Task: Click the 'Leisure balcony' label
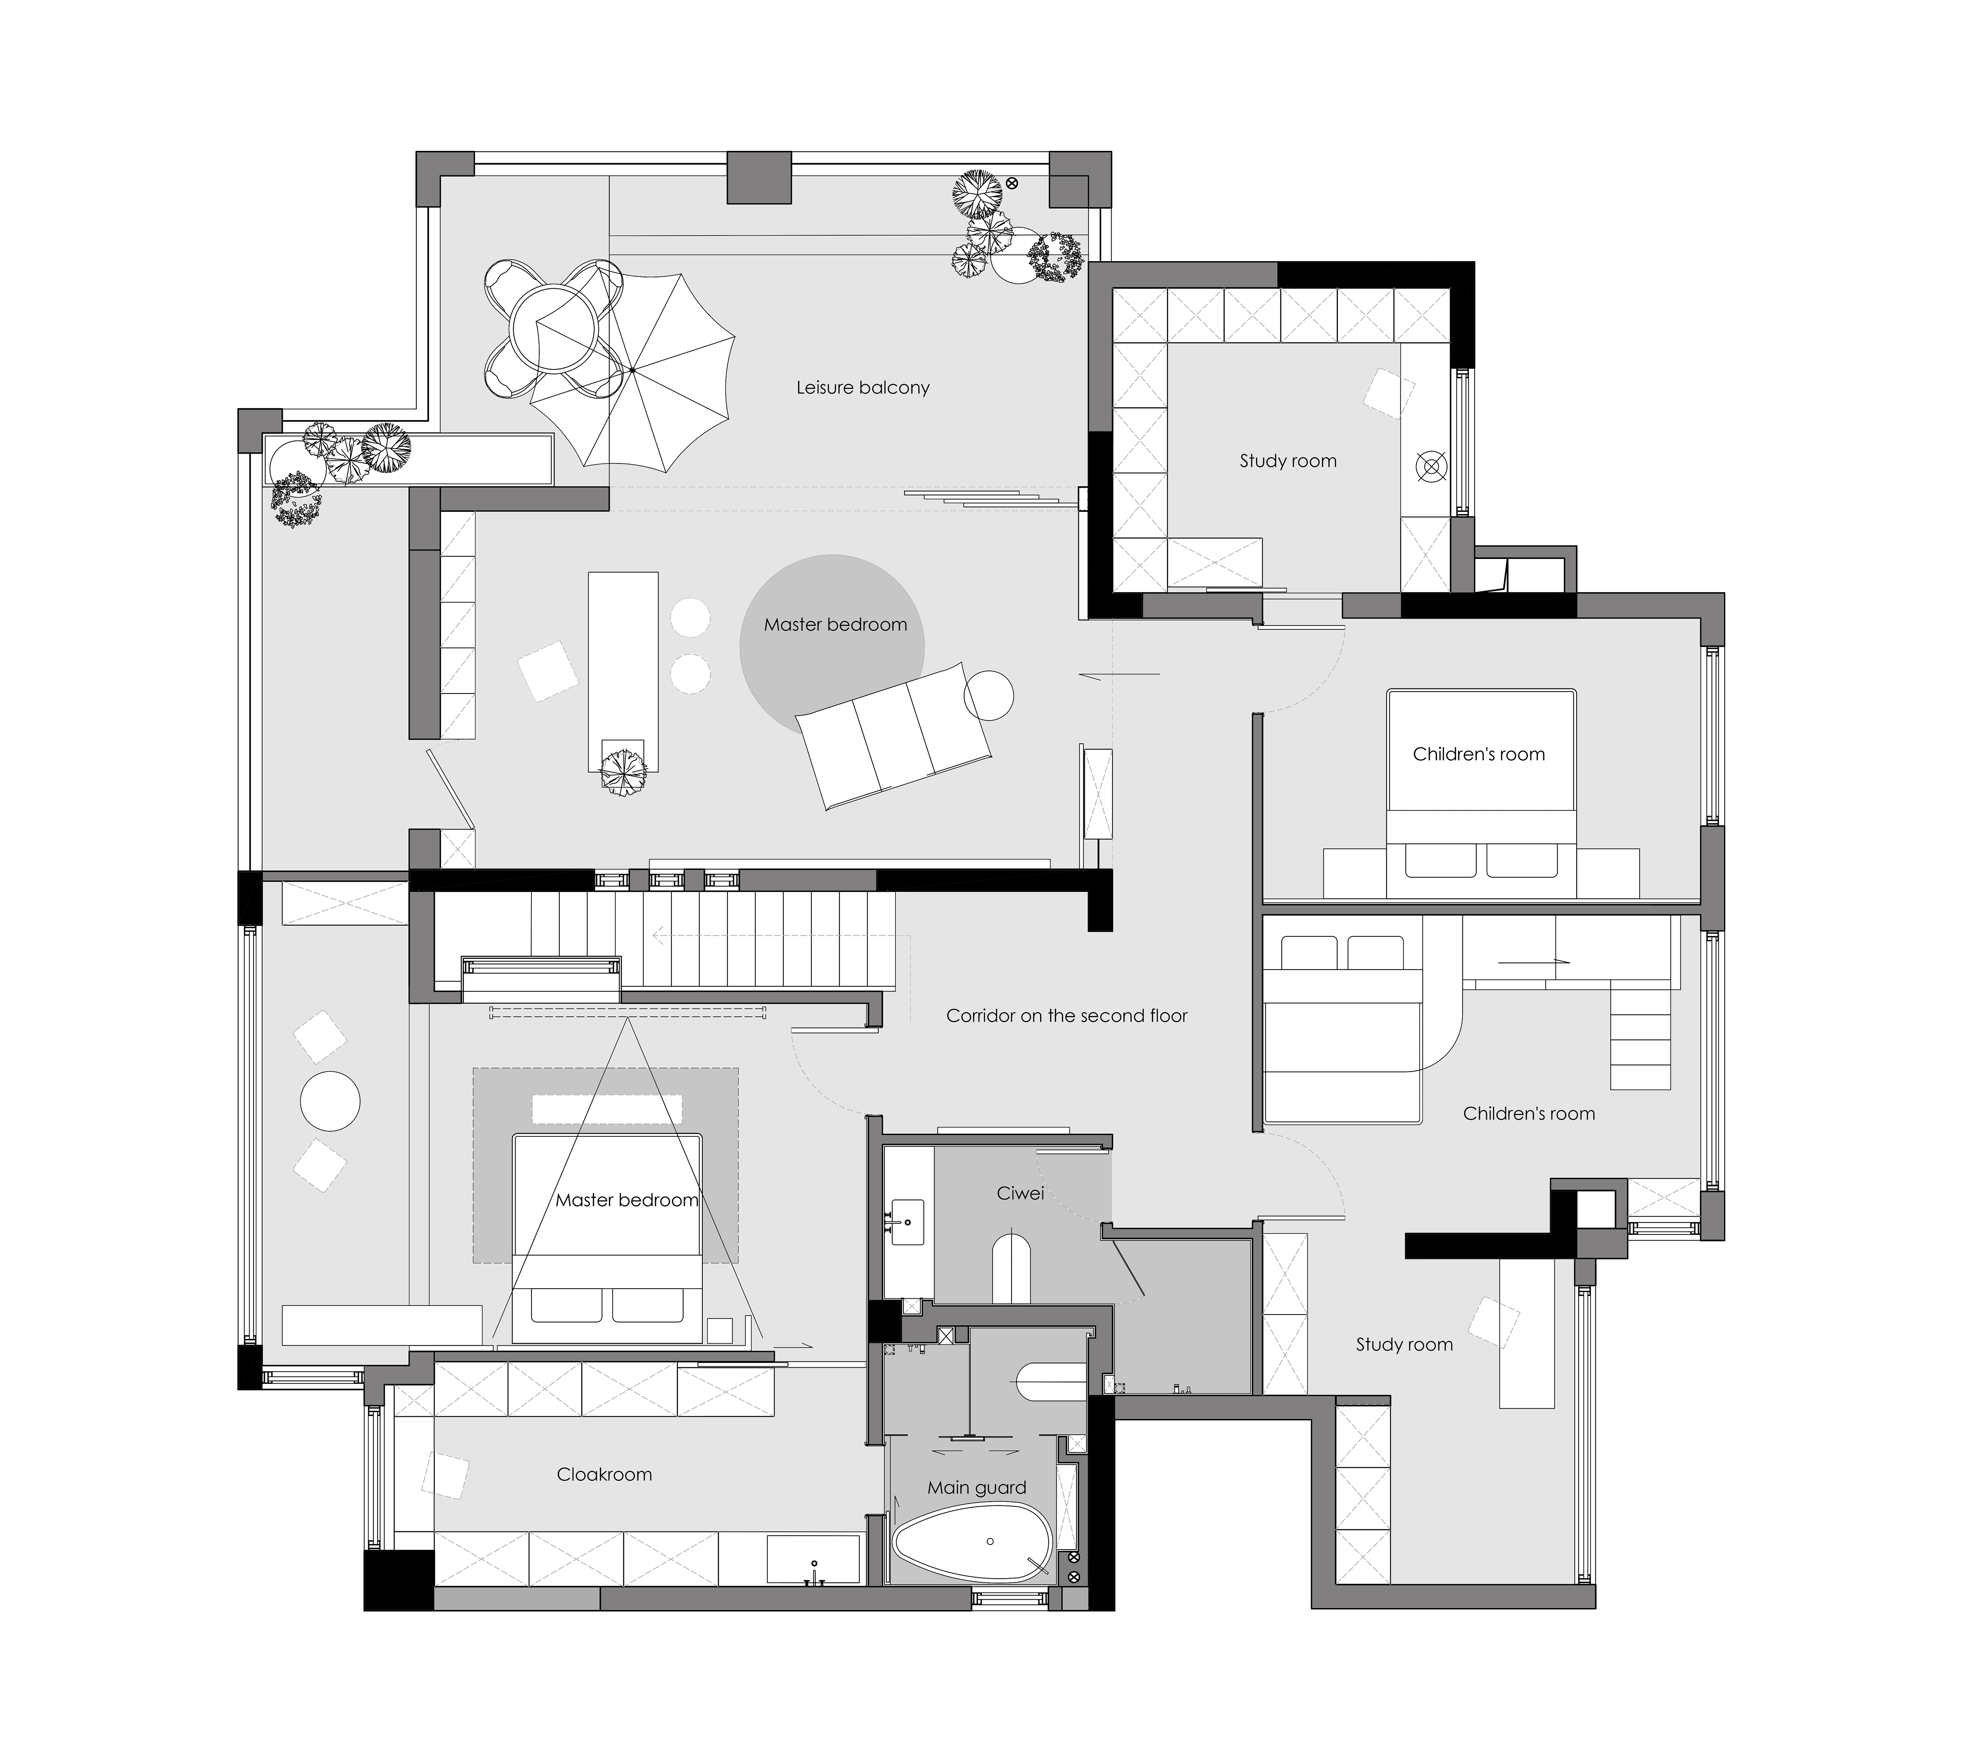(x=862, y=387)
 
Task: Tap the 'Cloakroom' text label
(x=604, y=1474)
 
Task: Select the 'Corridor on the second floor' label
(x=1067, y=1016)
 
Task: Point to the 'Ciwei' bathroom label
(x=1020, y=1193)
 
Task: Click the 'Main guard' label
(x=977, y=1487)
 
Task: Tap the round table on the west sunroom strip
(x=330, y=1101)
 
